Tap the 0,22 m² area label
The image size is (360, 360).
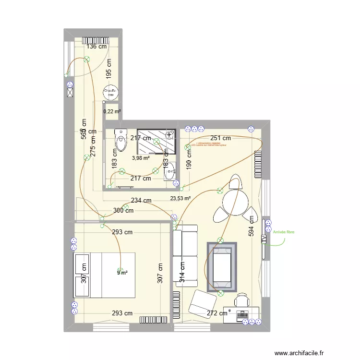coord(112,111)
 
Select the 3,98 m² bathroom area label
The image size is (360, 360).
coord(141,157)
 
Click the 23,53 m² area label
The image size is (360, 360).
coord(180,197)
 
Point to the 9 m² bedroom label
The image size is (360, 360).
coord(122,273)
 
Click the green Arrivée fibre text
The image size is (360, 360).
coord(284,232)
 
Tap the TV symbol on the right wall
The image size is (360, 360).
coord(264,239)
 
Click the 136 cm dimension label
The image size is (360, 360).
coord(96,47)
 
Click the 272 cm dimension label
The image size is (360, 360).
coord(217,313)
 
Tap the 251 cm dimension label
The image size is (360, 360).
coord(220,138)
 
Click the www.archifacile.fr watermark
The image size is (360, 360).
coord(311,353)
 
